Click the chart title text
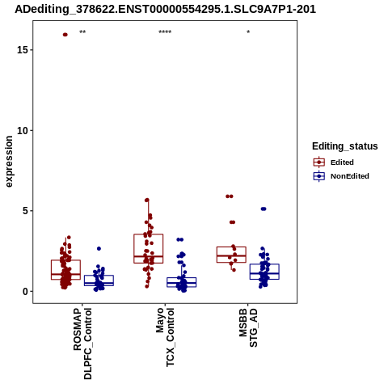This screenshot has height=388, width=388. pyautogui.click(x=165, y=9)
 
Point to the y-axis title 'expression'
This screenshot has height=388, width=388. pyautogui.click(x=9, y=162)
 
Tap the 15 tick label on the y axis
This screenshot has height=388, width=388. pyautogui.click(x=23, y=50)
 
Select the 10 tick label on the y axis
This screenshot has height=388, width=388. pyautogui.click(x=23, y=130)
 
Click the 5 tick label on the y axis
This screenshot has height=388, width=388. pyautogui.click(x=26, y=211)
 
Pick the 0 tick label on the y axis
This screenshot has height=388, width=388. pyautogui.click(x=26, y=291)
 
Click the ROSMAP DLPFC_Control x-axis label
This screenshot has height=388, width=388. pyautogui.click(x=82, y=344)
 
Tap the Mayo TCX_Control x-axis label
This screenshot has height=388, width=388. pyautogui.click(x=165, y=337)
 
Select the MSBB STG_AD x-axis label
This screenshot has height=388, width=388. pyautogui.click(x=248, y=327)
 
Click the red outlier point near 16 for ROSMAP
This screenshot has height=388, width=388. pyautogui.click(x=65, y=35)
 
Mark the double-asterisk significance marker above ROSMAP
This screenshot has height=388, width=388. pyautogui.click(x=82, y=32)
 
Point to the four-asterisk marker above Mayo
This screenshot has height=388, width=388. pyautogui.click(x=165, y=32)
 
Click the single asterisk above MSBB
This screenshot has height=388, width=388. pyautogui.click(x=248, y=32)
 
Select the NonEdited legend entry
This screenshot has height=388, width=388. pyautogui.click(x=341, y=176)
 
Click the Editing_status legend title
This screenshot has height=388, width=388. pyautogui.click(x=345, y=146)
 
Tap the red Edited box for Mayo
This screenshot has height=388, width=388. pyautogui.click(x=149, y=234)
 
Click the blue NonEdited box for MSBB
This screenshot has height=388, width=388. pyautogui.click(x=264, y=264)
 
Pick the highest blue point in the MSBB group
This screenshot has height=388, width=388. pyautogui.click(x=264, y=209)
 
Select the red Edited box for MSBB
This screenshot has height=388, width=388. pyautogui.click(x=231, y=247)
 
